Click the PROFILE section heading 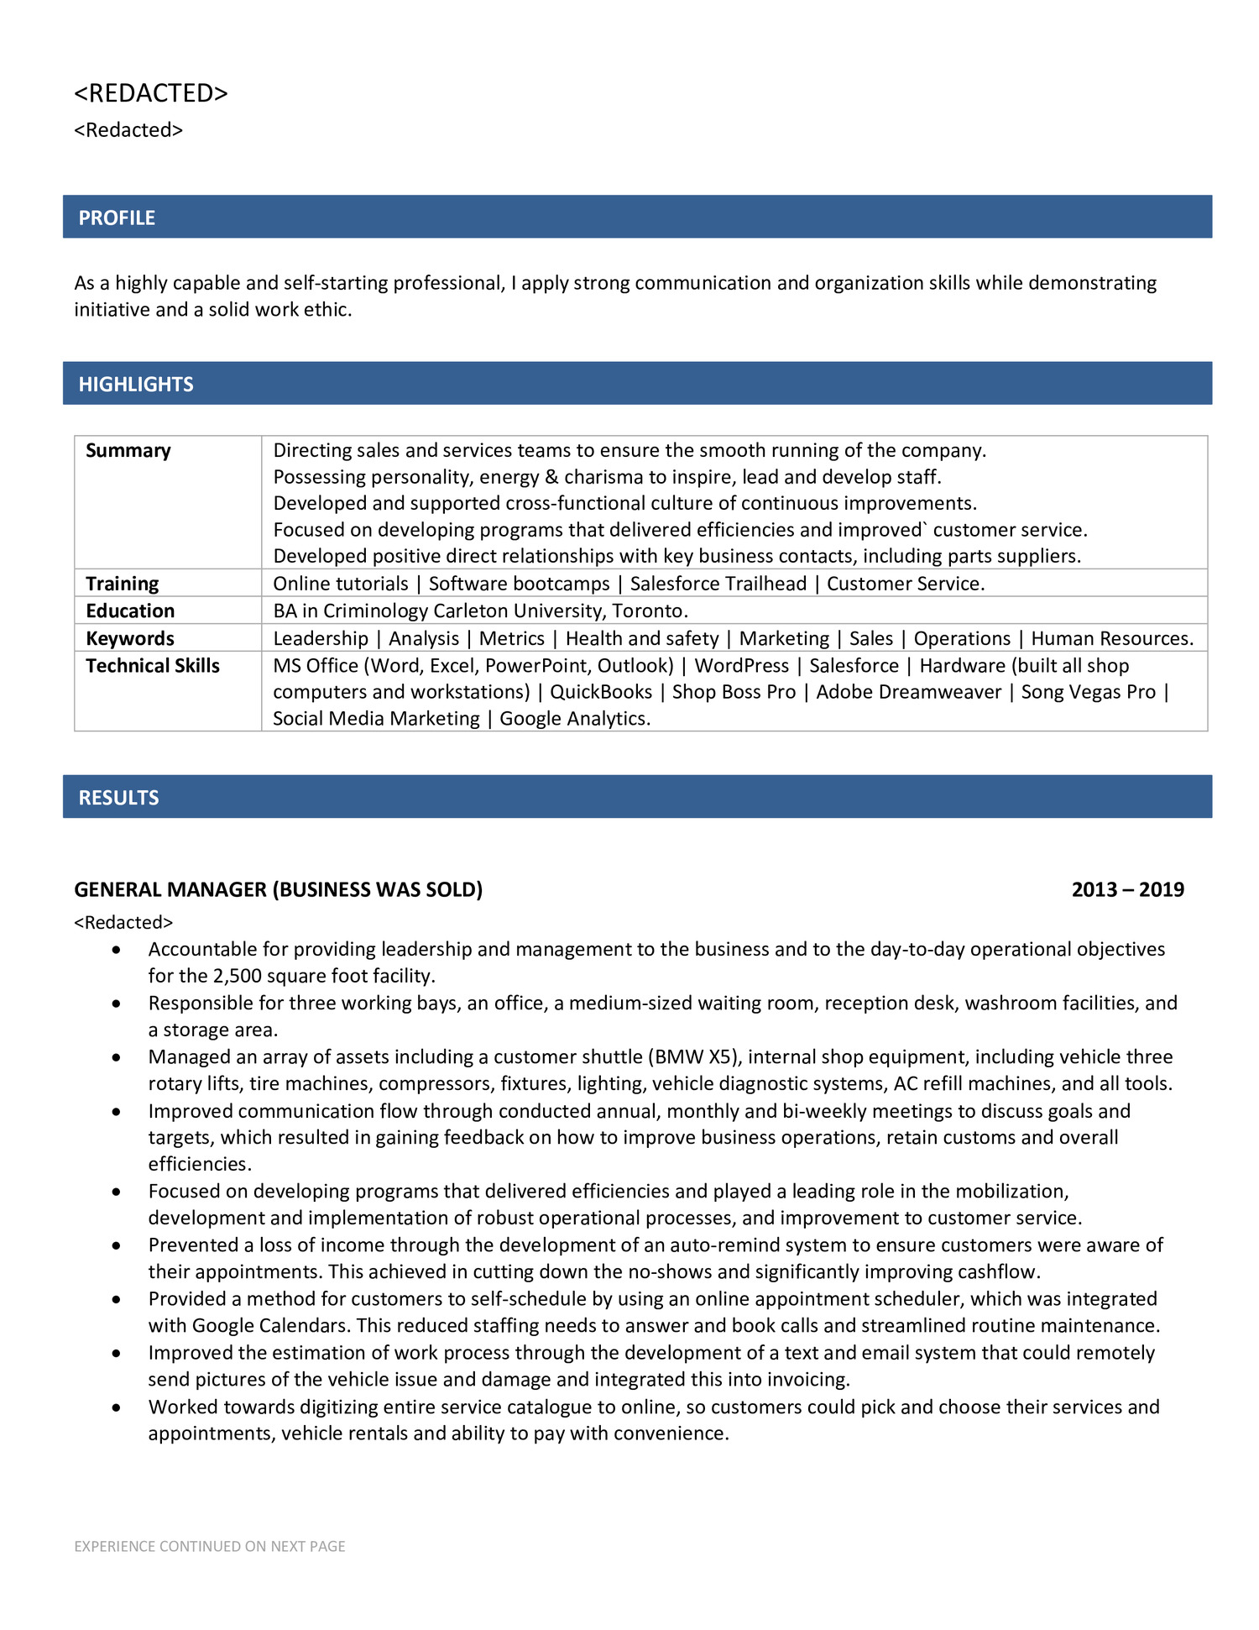tap(117, 218)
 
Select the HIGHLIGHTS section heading tap(136, 384)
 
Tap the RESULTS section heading tap(118, 797)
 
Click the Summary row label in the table tap(128, 450)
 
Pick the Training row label tap(122, 583)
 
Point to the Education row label tap(130, 611)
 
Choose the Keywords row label tap(130, 638)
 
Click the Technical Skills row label tap(152, 665)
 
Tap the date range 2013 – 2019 tap(1127, 889)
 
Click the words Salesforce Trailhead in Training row tap(718, 583)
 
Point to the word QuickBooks tap(601, 691)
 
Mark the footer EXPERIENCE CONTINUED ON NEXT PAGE tap(210, 1546)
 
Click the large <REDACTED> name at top tap(151, 92)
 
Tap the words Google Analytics tap(574, 718)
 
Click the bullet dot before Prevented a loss tap(117, 1245)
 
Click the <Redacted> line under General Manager tap(123, 922)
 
